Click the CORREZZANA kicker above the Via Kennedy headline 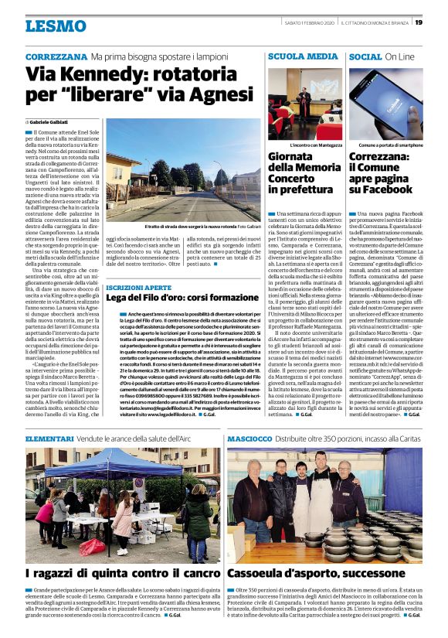(x=56, y=57)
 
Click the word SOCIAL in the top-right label (x=365, y=57)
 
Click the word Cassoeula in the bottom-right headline (x=265, y=574)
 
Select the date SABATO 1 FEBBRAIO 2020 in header (x=306, y=22)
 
